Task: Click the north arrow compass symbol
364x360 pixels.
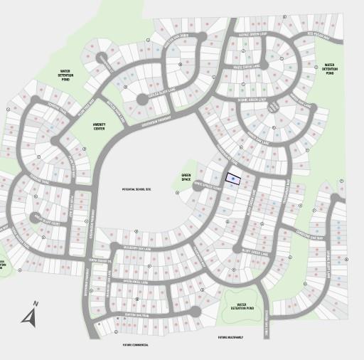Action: click(x=31, y=314)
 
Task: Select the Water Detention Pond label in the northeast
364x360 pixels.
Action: click(x=329, y=68)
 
